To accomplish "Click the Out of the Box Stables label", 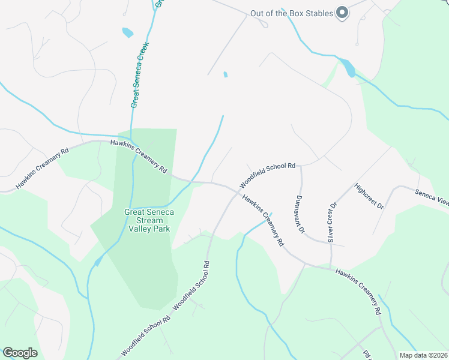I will [x=291, y=13].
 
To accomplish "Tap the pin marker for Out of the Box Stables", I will [x=342, y=13].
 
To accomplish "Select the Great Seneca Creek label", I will [x=140, y=74].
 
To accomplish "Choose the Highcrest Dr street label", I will [x=369, y=196].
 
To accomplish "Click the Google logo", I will [x=20, y=353].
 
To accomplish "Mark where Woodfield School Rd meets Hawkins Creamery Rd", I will [x=236, y=191].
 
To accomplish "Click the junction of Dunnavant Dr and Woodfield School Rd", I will [x=300, y=166].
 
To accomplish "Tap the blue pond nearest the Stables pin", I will [x=349, y=68].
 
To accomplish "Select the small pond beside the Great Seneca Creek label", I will [x=127, y=32].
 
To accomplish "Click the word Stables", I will [x=317, y=13].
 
